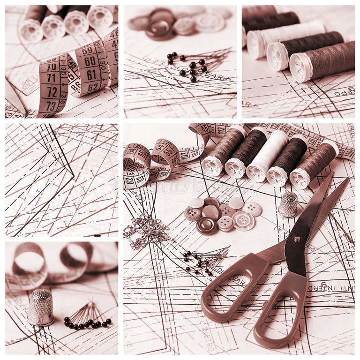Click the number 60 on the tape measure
pyautogui.click(x=90, y=61)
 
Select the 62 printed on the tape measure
pyautogui.click(x=93, y=86)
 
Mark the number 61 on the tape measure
pyautogui.click(x=91, y=74)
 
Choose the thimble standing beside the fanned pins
pyautogui.click(x=41, y=307)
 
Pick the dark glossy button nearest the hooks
pyautogui.click(x=207, y=226)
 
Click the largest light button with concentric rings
pyautogui.click(x=244, y=220)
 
